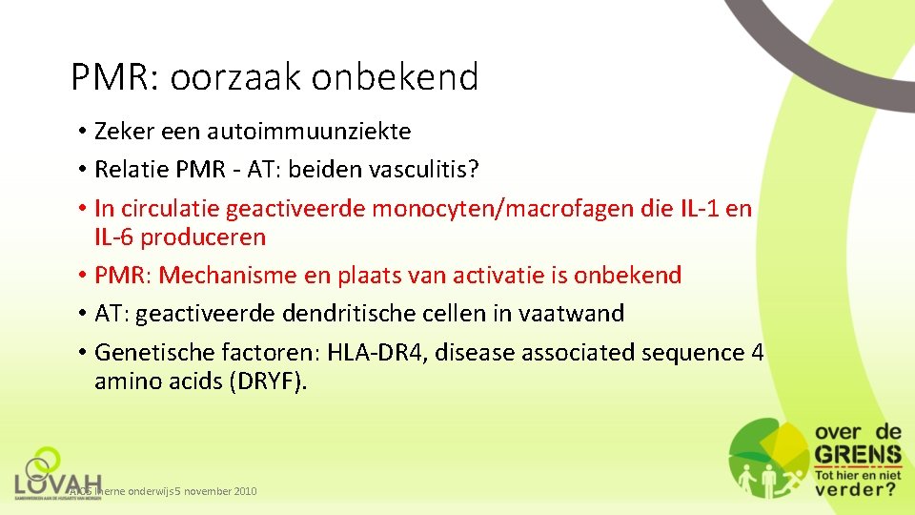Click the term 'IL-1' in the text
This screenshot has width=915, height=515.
[x=706, y=209]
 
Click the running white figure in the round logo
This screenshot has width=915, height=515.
[x=784, y=476]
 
